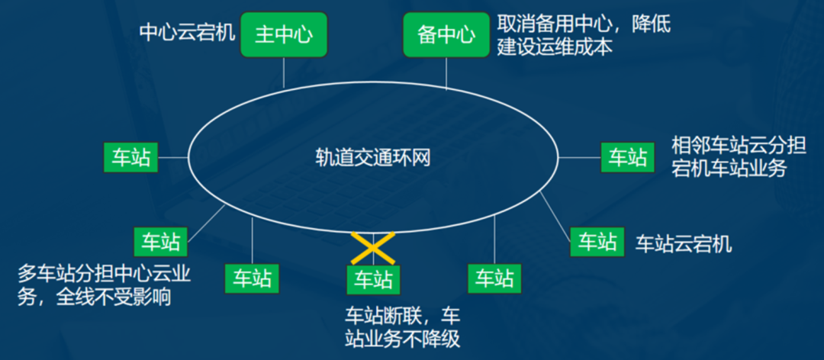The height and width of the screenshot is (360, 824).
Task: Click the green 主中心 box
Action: pos(284,35)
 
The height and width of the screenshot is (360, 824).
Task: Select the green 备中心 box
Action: pos(446,35)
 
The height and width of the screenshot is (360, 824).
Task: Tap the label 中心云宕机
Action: pos(187,32)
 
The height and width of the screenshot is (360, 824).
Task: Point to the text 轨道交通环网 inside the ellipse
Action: pos(374,157)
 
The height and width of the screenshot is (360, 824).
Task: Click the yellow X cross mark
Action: pos(372,248)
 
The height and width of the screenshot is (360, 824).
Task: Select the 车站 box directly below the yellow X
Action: pos(373,279)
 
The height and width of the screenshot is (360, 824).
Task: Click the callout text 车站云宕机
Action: pos(684,243)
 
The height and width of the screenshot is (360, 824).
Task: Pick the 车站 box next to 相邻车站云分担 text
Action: pos(627,157)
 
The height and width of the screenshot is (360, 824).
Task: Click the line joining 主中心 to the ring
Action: pos(284,73)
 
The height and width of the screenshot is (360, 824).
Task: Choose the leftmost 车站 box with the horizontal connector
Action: pos(130,158)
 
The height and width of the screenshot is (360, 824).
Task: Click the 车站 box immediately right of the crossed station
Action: pos(494,278)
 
